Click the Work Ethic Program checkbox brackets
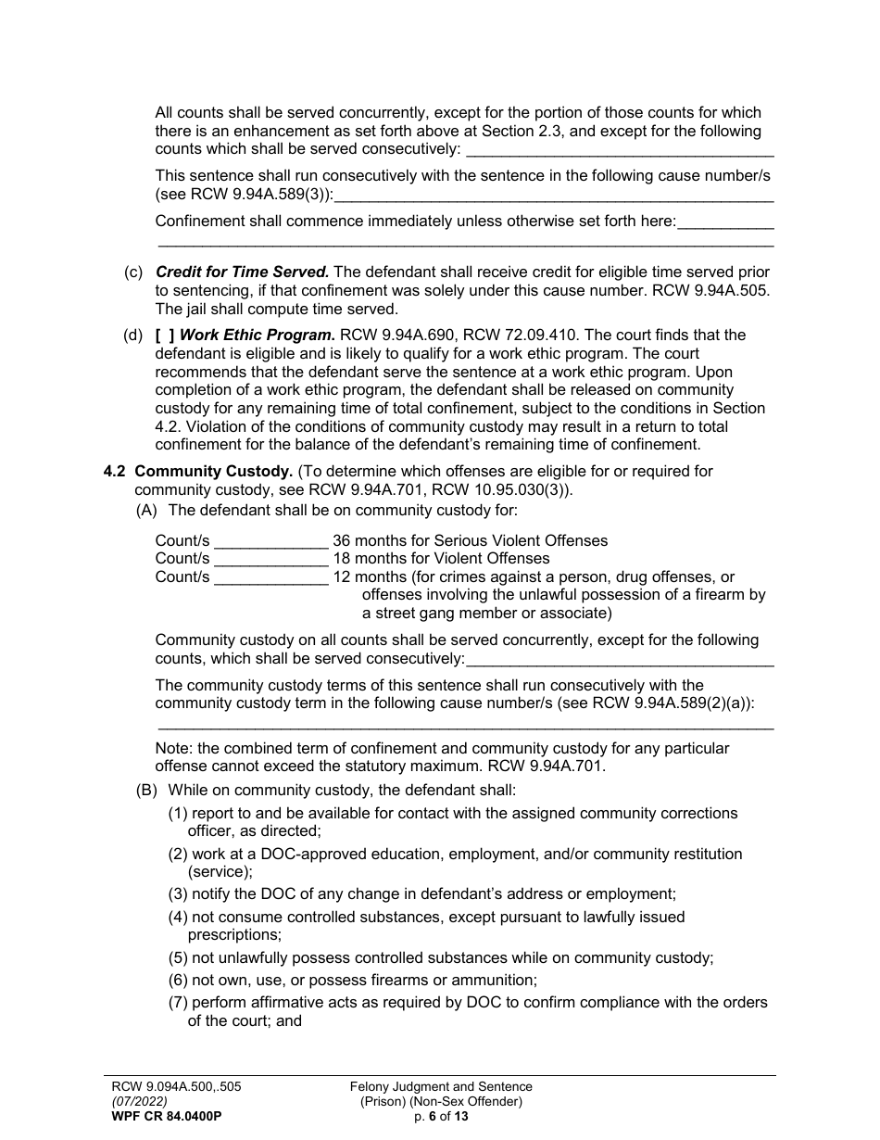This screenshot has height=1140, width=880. [165, 335]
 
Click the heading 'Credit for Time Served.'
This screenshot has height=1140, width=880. [242, 272]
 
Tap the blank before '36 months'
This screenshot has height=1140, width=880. [270, 541]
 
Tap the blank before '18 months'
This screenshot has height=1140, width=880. [270, 559]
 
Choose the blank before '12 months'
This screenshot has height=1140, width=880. [270, 577]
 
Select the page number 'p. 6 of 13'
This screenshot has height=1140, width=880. [441, 1116]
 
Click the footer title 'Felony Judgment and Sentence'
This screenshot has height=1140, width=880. [441, 1086]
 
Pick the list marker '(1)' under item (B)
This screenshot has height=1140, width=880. [178, 813]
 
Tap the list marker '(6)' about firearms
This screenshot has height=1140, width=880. [178, 981]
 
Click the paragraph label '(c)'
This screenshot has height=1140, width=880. [133, 272]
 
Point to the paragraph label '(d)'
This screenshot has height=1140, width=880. [133, 335]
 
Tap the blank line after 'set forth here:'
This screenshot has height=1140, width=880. [726, 222]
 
